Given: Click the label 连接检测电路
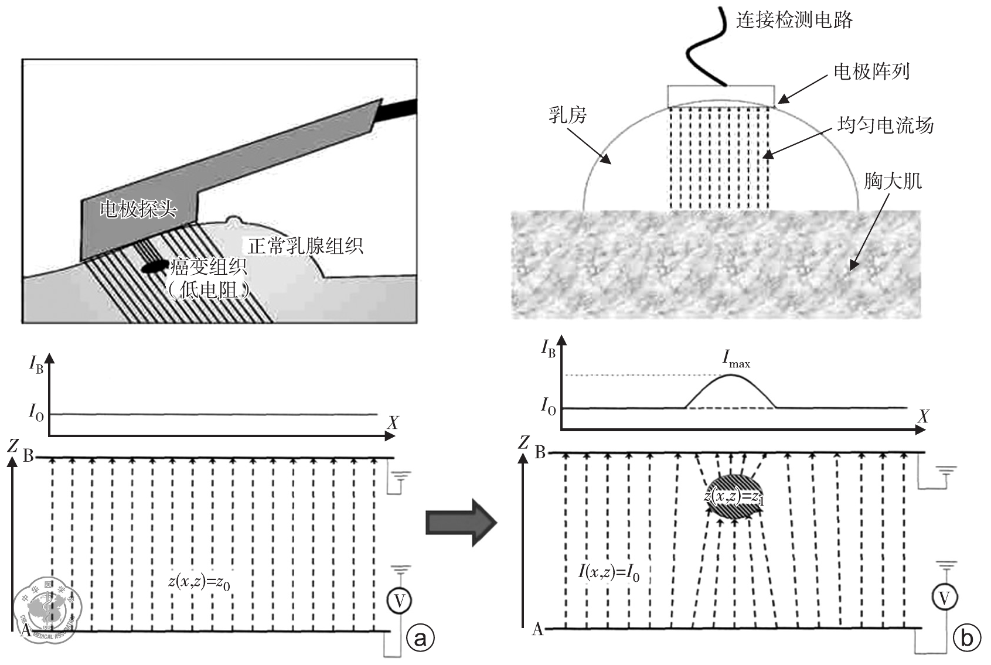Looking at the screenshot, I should click(794, 21).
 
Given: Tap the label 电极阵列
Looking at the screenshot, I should click(871, 72).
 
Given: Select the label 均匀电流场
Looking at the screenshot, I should click(885, 125).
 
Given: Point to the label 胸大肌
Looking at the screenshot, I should click(893, 181).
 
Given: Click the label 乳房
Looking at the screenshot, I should click(567, 115).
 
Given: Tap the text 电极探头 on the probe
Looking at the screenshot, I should click(138, 208).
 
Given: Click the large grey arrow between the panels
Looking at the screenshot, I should click(461, 522).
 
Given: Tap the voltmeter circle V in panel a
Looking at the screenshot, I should click(399, 600).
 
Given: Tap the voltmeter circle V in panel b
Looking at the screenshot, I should click(944, 598).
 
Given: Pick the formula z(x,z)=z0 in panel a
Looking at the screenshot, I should click(199, 582).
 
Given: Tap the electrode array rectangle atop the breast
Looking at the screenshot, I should click(721, 96).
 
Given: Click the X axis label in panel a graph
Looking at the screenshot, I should click(392, 423).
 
